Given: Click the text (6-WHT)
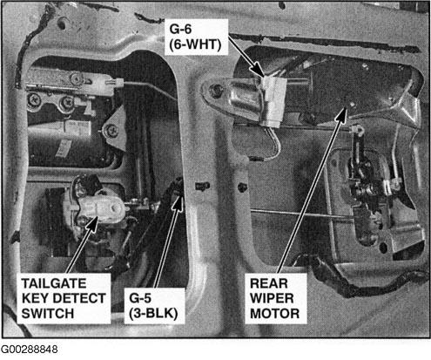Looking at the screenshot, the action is (x=195, y=44).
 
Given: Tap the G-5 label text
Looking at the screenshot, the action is (x=140, y=298).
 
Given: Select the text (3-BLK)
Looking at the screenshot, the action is (x=153, y=314).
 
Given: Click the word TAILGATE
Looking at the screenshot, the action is (x=54, y=283).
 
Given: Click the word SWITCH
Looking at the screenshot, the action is (x=48, y=314).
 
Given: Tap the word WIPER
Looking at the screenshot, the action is (x=272, y=298).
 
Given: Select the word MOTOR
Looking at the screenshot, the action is (x=274, y=314).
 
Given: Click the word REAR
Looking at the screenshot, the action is (x=269, y=283).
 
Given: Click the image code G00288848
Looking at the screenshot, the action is (x=29, y=350).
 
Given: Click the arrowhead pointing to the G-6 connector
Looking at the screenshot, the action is (x=258, y=71).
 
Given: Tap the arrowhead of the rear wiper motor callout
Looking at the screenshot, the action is (x=342, y=114).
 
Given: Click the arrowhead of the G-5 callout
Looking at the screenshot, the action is (x=178, y=202).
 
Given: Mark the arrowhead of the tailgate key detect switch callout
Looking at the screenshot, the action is (x=93, y=224).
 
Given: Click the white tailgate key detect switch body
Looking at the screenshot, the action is (x=100, y=208).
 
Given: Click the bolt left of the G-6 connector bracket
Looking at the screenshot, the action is (x=215, y=91).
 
